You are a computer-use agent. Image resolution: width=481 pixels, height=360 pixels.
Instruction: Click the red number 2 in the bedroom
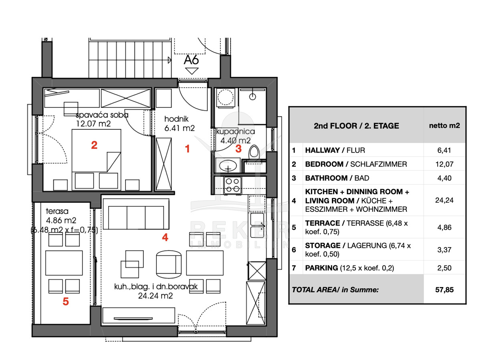[x=94, y=145]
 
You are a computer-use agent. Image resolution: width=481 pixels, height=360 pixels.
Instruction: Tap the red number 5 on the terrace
[x=66, y=302]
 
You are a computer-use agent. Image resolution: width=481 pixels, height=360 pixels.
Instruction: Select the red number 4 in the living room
[x=165, y=237]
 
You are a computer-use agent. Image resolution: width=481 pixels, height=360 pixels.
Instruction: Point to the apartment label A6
[x=191, y=60]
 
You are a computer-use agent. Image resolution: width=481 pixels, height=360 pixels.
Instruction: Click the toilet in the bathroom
[x=254, y=151]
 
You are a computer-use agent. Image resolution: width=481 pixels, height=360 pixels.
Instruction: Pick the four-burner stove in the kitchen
[x=232, y=185]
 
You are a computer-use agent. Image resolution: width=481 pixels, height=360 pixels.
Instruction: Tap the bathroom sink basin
[x=228, y=165]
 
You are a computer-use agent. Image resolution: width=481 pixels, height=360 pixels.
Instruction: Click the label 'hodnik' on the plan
[x=176, y=119]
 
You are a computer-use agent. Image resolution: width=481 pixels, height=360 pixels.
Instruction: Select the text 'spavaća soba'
[x=102, y=115]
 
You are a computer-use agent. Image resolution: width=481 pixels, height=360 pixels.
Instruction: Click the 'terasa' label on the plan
[x=57, y=211]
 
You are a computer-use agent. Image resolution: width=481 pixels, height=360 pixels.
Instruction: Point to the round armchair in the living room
[x=169, y=264]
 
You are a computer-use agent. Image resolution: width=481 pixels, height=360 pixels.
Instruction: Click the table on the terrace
[x=64, y=263]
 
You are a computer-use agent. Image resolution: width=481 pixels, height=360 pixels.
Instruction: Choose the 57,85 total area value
[x=445, y=290]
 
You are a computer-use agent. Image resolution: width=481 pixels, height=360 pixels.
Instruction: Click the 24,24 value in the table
[x=444, y=200]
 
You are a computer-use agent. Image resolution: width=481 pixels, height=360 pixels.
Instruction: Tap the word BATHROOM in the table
[x=326, y=178]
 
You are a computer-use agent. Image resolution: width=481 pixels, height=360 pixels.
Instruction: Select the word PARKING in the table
[x=321, y=268]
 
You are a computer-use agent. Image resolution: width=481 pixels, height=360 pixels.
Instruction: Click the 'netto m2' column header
[x=445, y=126]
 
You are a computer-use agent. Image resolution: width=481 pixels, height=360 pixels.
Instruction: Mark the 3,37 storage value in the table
[x=445, y=250]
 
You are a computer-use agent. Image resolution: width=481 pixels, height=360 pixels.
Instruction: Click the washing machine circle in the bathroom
[x=225, y=97]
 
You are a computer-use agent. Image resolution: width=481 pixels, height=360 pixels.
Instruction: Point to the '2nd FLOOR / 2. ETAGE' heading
[x=356, y=126]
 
